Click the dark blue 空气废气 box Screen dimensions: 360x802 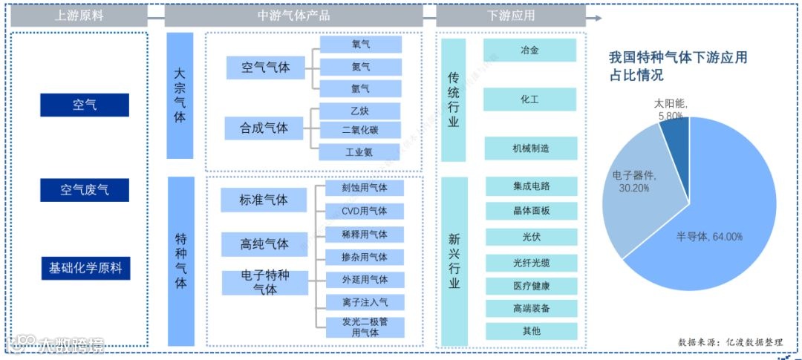pyautogui.click(x=85, y=190)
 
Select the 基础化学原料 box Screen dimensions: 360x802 pyautogui.click(x=85, y=268)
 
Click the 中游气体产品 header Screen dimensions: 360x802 pyautogui.click(x=293, y=15)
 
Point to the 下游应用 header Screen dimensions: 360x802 pyautogui.click(x=511, y=15)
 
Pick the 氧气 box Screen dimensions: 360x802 pyautogui.click(x=361, y=45)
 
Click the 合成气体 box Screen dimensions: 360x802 pyautogui.click(x=265, y=128)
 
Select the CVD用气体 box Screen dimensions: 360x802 pyautogui.click(x=365, y=211)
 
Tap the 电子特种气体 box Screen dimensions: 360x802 pyautogui.click(x=265, y=282)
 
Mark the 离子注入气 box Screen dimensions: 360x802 pyautogui.click(x=365, y=302)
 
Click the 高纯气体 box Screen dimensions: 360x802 pyautogui.click(x=264, y=244)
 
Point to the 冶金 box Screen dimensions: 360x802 pyautogui.click(x=530, y=50)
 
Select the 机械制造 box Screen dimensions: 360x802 pyautogui.click(x=530, y=148)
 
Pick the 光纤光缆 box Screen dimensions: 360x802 pyautogui.click(x=532, y=263)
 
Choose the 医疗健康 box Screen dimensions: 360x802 pyautogui.click(x=532, y=286)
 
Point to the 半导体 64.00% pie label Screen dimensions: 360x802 pyautogui.click(x=709, y=237)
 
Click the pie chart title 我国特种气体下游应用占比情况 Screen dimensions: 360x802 pyautogui.click(x=677, y=66)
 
